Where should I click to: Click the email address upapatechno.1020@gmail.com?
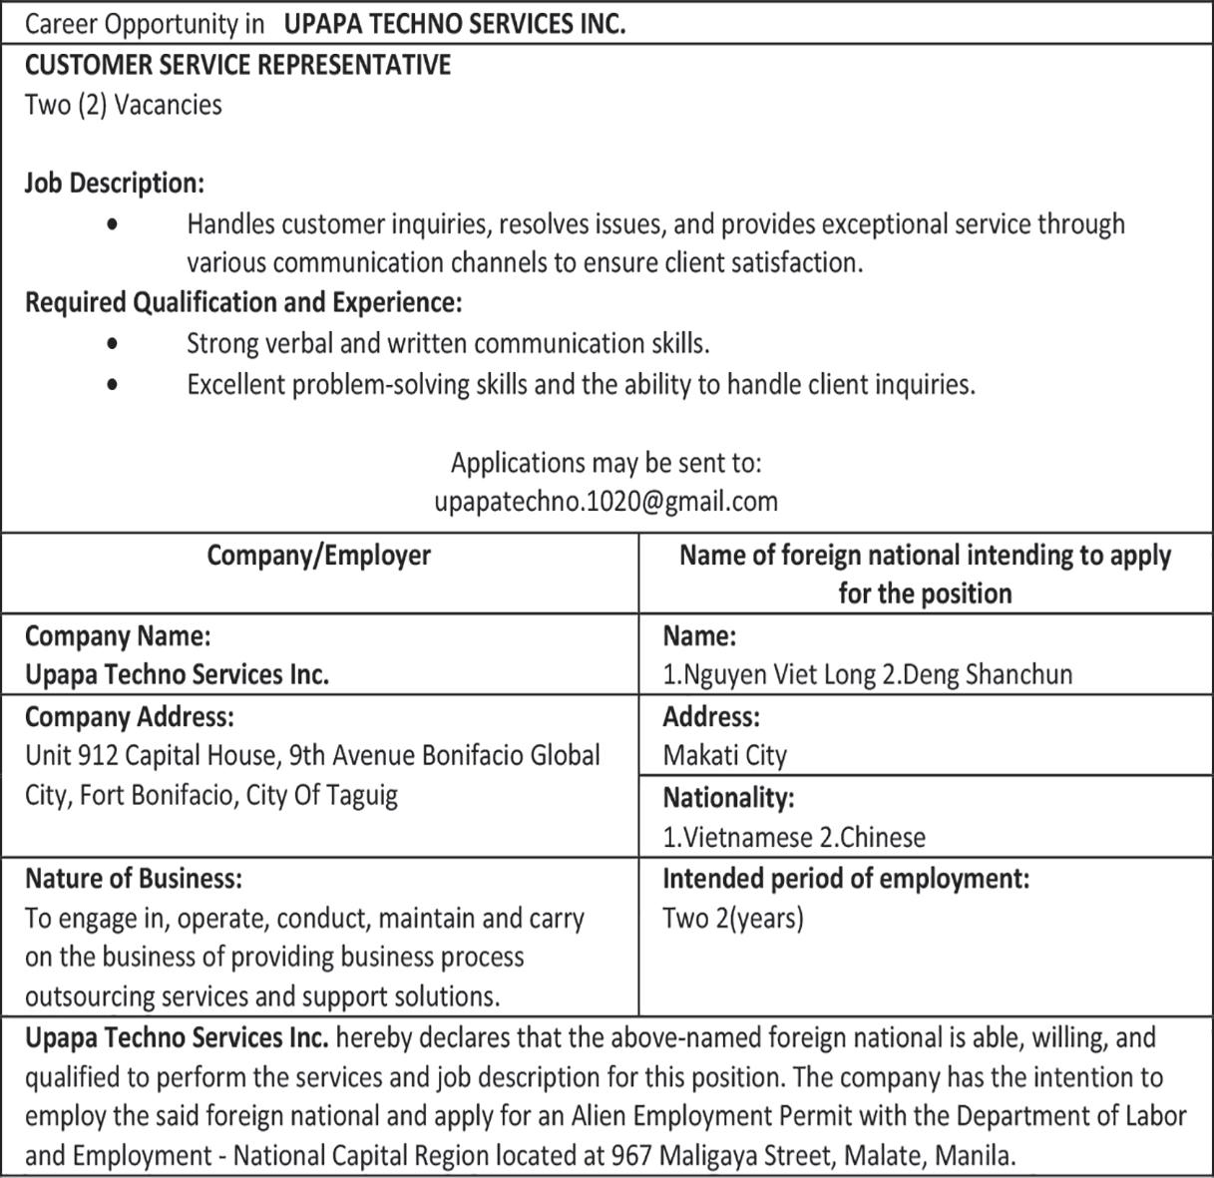[606, 501]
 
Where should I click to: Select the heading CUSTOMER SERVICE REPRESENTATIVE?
[237, 65]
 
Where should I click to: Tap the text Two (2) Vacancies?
[123, 105]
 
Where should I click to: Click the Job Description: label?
[114, 184]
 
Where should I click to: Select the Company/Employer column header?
[318, 555]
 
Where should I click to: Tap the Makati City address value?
[724, 755]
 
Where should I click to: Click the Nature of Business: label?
[133, 879]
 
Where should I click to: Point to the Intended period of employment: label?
[845, 879]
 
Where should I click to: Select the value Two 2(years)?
[732, 918]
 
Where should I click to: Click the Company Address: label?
[129, 717]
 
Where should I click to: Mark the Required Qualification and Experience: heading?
[242, 301]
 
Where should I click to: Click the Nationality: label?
[728, 798]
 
